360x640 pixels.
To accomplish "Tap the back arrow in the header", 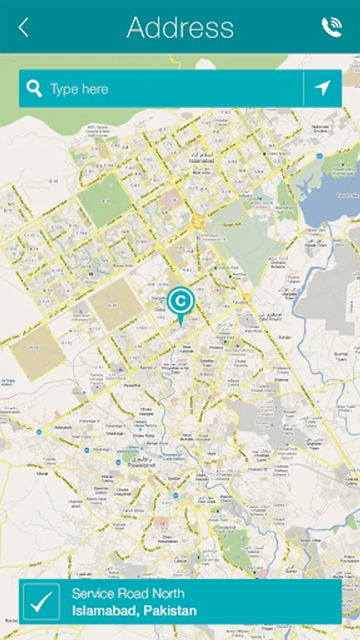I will coord(23,28).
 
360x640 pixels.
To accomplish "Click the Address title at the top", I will coord(180,28).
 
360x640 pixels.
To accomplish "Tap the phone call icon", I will coord(331,28).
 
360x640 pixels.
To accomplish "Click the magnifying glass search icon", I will coord(34,89).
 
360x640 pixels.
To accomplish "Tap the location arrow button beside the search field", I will coord(323,89).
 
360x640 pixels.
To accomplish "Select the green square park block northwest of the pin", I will coord(105,200).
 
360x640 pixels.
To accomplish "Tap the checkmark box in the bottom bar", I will coord(41,602).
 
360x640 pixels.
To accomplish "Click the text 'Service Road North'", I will coord(128,593).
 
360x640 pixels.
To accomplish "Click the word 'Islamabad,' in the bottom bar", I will coord(105,611).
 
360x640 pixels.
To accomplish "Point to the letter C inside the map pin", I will coord(181,300).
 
